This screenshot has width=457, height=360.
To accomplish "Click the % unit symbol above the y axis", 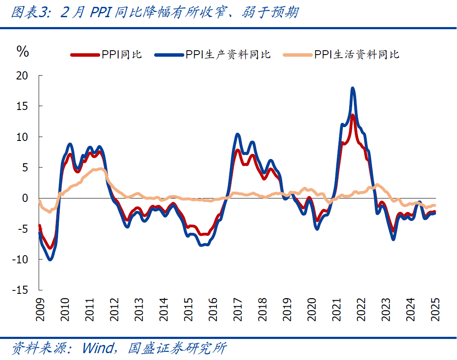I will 22,52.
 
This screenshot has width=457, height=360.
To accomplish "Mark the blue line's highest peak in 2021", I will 353,88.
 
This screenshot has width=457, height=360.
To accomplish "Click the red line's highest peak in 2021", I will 353,115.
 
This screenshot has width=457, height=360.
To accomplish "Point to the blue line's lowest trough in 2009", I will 50,259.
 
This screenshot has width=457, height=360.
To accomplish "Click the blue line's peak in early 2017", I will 238,135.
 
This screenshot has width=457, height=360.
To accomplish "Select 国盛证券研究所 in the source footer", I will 177,348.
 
